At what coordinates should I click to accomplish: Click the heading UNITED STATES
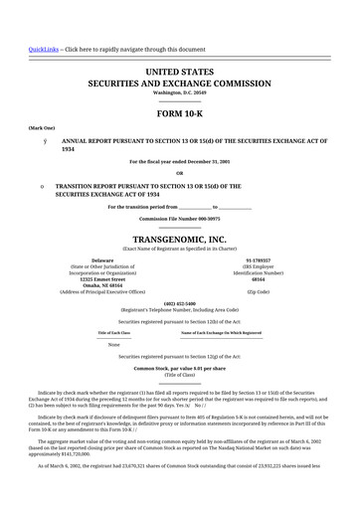pyautogui.click(x=180, y=74)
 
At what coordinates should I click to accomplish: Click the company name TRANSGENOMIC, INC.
pyautogui.click(x=180, y=240)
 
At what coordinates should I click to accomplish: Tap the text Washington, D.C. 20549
pyautogui.click(x=180, y=93)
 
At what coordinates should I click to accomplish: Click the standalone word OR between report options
pyautogui.click(x=180, y=172)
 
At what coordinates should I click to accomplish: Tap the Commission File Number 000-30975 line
pyautogui.click(x=180, y=218)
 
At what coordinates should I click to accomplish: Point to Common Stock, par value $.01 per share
pyautogui.click(x=180, y=368)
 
